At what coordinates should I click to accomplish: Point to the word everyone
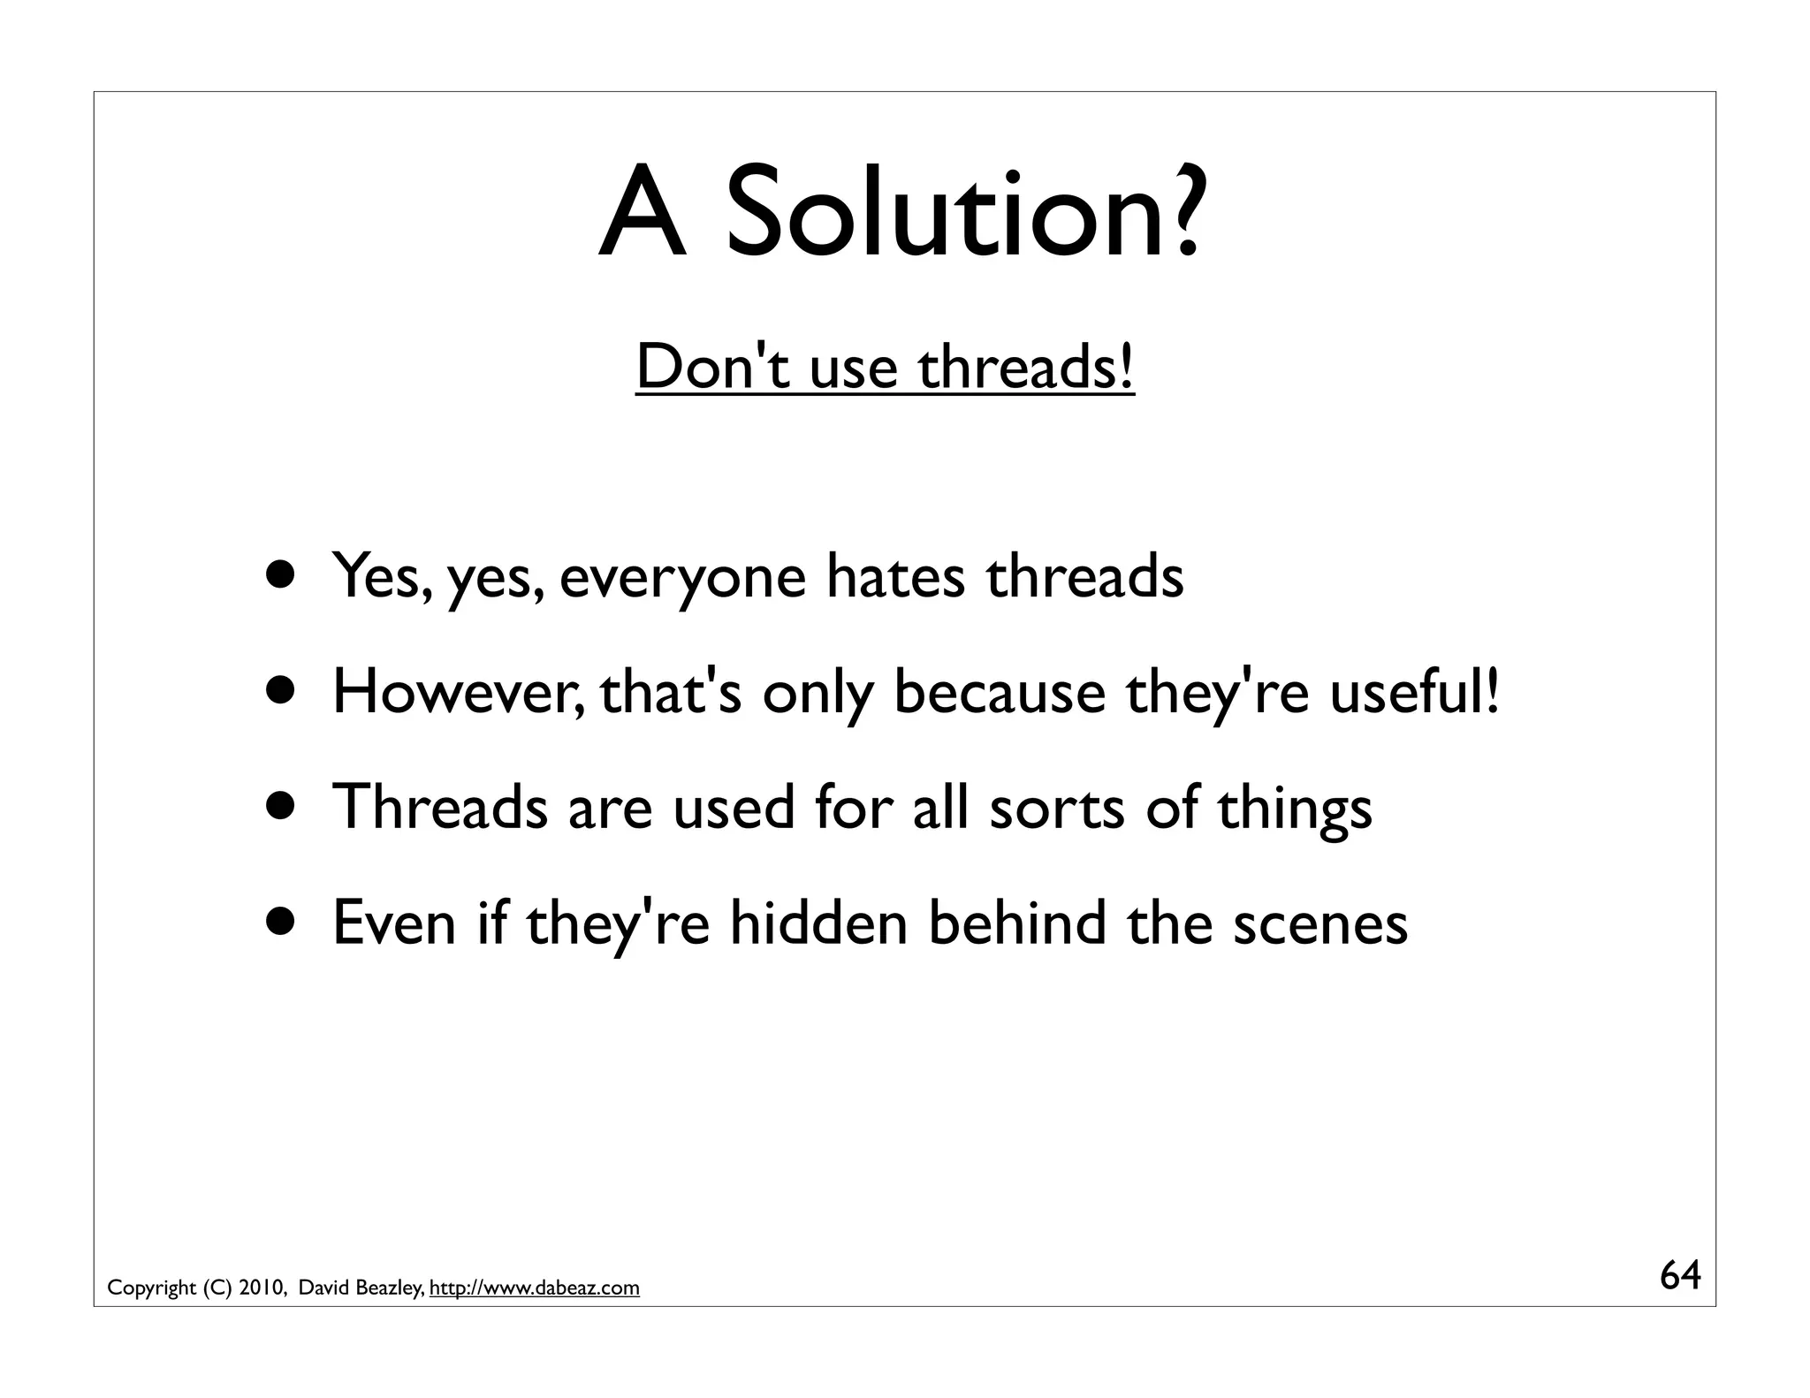(682, 579)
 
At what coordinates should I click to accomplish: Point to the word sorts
(1057, 809)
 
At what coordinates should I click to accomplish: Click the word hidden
(818, 923)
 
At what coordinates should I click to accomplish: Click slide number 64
(1680, 1275)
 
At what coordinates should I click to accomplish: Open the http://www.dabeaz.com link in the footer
(534, 1288)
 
